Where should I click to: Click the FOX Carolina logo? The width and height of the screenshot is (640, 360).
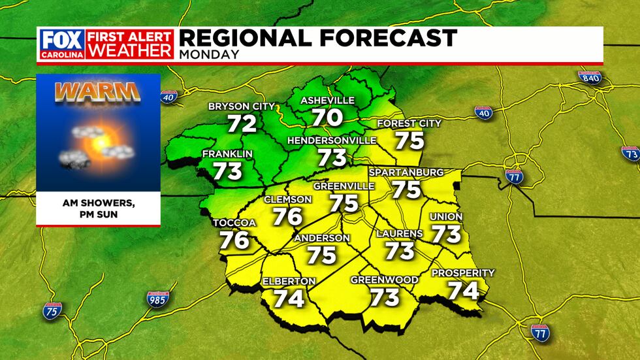pos(61,44)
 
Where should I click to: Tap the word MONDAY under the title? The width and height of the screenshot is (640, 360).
pos(209,54)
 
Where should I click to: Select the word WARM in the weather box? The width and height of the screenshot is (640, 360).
pos(98,92)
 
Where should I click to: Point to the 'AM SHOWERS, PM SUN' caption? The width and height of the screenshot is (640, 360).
pos(97,207)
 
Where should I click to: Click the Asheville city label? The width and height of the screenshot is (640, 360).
pos(327,101)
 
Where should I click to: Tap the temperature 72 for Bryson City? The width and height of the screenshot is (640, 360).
pos(242,123)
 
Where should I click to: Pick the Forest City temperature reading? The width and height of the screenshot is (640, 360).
pos(409,140)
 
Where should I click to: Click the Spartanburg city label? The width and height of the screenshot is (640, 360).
pos(406,172)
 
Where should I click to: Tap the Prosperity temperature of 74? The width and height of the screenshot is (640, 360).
pos(463,289)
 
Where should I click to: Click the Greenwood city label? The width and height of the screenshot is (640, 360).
pos(385,280)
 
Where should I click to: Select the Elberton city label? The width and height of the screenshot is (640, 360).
pos(289,281)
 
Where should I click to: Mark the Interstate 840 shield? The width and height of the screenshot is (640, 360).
pos(589,78)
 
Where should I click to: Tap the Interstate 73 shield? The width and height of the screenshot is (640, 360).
pos(632,154)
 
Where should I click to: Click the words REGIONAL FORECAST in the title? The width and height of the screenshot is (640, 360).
pos(318,37)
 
